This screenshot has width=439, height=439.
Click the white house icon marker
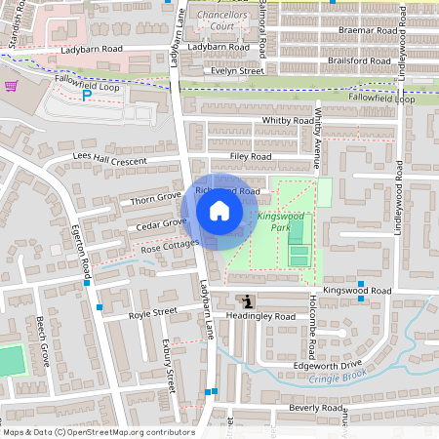[x=219, y=210]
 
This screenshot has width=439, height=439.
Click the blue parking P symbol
[x=86, y=96]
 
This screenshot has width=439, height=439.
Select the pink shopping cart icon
[x=11, y=86]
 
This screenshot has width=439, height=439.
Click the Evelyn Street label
[x=239, y=71]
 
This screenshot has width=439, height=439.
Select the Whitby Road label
[x=286, y=121]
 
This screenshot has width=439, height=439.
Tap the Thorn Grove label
[x=156, y=199]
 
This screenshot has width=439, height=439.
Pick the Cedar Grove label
[x=161, y=223]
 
